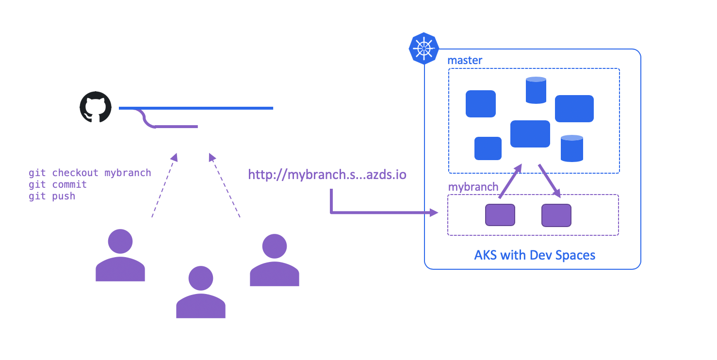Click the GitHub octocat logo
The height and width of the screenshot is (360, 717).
(x=96, y=107)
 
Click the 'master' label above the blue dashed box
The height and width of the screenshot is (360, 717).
(x=465, y=61)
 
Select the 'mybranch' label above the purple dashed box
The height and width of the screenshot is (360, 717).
(x=473, y=187)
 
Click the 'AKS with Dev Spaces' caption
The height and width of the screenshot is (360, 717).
(x=535, y=255)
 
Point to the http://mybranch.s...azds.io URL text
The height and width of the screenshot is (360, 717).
(x=327, y=175)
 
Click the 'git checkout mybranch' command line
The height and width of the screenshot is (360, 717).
(x=90, y=173)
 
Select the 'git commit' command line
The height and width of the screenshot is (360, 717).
(x=58, y=184)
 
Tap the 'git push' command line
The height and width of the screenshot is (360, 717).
(x=52, y=196)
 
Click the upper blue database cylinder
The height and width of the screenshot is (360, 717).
(x=536, y=90)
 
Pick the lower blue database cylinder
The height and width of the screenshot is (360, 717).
(x=571, y=148)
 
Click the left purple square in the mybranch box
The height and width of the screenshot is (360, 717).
(x=500, y=215)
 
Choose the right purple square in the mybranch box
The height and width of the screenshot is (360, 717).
(x=556, y=215)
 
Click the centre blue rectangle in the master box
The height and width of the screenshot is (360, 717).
(x=530, y=134)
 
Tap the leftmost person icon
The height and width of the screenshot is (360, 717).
(x=120, y=255)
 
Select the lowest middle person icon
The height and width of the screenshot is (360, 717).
(x=200, y=292)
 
